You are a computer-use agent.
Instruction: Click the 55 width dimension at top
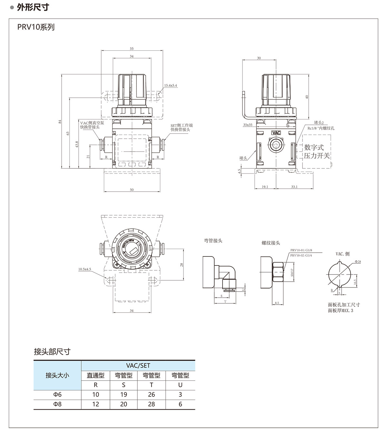pos(132,49)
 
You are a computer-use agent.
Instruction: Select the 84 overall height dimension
pos(60,122)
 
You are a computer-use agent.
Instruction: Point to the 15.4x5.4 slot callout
pos(171,85)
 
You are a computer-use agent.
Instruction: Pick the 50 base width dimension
pos(132,190)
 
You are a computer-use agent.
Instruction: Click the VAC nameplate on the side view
pos(276,133)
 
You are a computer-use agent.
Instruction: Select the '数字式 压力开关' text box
pos(317,152)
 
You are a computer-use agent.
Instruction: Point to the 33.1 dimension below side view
pos(294,187)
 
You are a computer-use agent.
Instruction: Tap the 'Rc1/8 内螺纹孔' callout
pos(321,128)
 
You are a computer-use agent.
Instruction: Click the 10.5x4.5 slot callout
pos(85,269)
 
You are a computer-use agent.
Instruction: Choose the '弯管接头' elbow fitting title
pos(213,241)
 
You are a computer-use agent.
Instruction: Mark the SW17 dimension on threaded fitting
pos(292,273)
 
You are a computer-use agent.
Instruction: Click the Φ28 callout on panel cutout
pos(358,262)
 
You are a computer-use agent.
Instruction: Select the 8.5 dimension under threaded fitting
pos(277,303)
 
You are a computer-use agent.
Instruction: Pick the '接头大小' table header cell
pos(57,375)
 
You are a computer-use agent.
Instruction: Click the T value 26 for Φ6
pos(151,395)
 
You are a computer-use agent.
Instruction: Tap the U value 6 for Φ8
pos(180,404)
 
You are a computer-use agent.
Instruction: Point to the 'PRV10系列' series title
pos(36,27)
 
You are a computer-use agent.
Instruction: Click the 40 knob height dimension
pos(307,97)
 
